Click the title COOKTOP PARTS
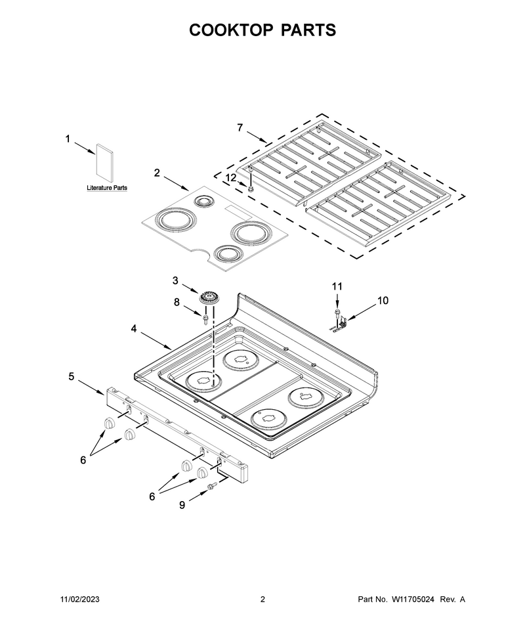tap(262, 30)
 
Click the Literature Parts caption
tap(107, 188)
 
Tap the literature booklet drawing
tap(104, 164)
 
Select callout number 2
tap(157, 173)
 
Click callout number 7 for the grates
tap(240, 127)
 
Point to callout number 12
tap(230, 177)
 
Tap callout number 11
tap(337, 286)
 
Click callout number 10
tap(383, 300)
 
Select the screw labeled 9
tap(211, 486)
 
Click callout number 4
tap(134, 328)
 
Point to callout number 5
tap(72, 376)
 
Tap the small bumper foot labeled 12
tap(251, 188)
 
